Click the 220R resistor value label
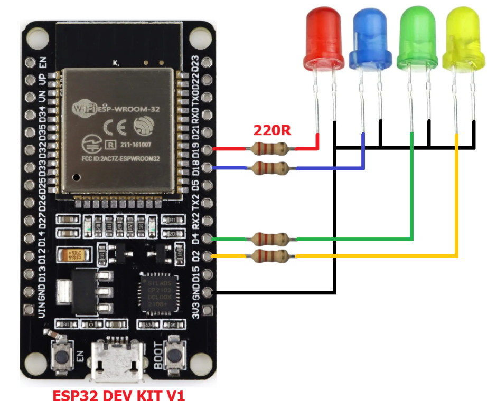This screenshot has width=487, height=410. coord(272,130)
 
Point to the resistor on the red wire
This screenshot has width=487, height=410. coord(271,149)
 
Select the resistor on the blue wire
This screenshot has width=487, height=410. coord(271,168)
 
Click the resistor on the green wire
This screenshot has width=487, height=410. coord(271,239)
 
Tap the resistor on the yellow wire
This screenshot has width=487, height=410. coord(271,256)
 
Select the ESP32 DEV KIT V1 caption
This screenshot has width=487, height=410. coord(119,396)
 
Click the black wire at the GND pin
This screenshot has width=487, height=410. coord(264,292)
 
